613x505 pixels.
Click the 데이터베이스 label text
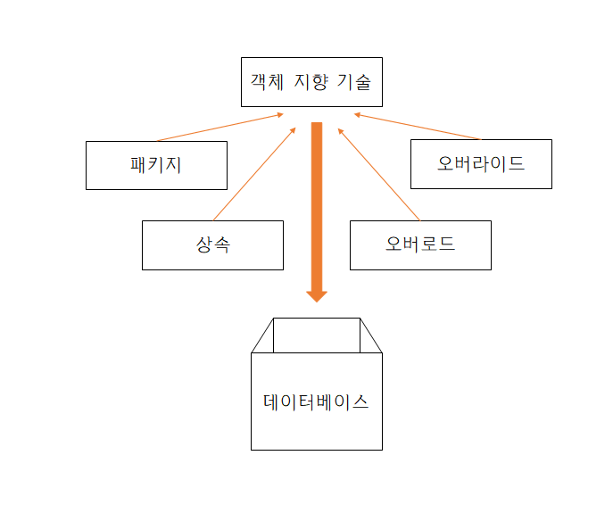tap(316, 402)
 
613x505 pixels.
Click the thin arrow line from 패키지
tap(220, 128)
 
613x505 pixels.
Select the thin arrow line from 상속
tap(254, 175)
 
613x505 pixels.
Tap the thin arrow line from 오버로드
tap(378, 175)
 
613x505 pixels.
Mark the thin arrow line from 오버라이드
tap(417, 127)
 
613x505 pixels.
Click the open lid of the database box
tap(317, 335)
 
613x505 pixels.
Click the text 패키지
tap(155, 165)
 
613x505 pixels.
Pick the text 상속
tap(212, 244)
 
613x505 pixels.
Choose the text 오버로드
tap(420, 244)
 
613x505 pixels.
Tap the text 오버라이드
tap(481, 164)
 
